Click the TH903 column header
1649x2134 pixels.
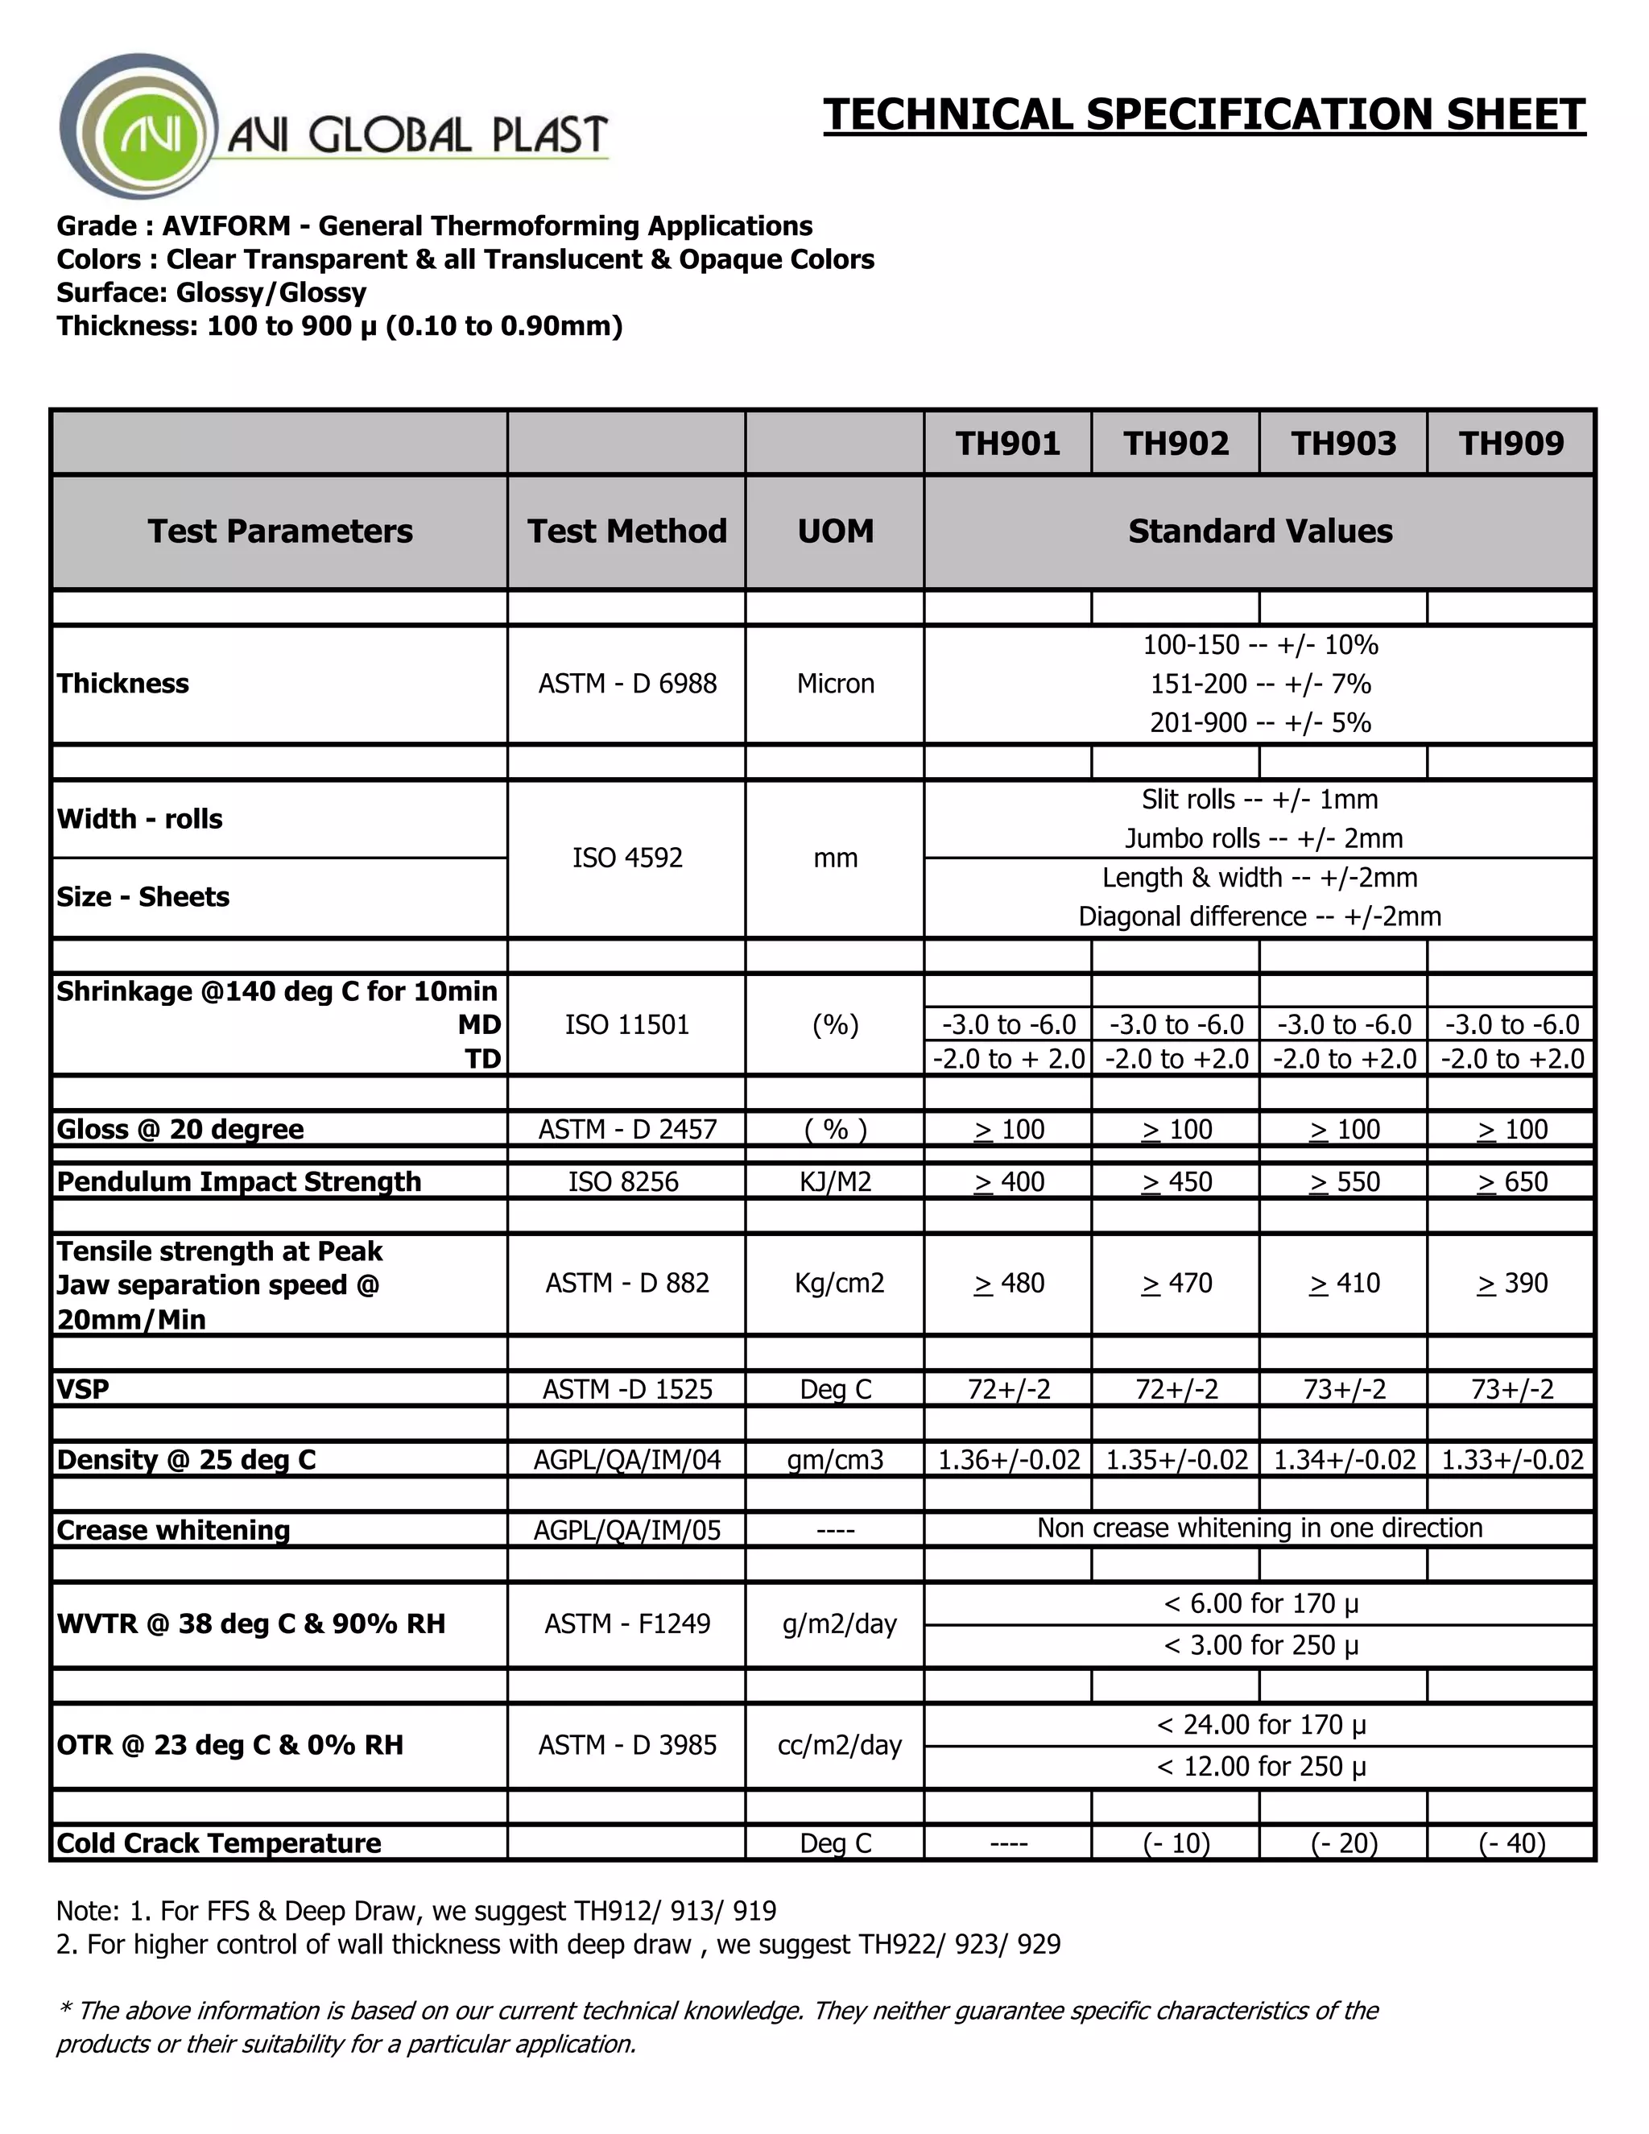coord(1343,443)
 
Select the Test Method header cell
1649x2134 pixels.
coord(626,531)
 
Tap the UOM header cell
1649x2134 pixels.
coord(835,531)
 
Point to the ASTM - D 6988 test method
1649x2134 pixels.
coord(626,683)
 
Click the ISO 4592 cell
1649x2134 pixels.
coord(626,858)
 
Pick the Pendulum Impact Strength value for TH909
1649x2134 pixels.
coord(1511,1181)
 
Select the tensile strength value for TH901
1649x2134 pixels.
coord(1008,1283)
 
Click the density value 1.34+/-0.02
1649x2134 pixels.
coord(1343,1460)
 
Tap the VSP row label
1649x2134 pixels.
coord(83,1388)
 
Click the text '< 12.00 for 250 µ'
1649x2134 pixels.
coord(1260,1767)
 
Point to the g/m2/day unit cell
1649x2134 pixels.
coord(838,1624)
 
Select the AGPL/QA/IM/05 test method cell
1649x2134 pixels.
coord(626,1530)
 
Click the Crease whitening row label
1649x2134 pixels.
coord(173,1530)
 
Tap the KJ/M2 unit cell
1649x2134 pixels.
coord(835,1181)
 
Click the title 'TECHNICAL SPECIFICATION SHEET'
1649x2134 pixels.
coord(1204,114)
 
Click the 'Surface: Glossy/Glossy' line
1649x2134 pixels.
coord(211,292)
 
